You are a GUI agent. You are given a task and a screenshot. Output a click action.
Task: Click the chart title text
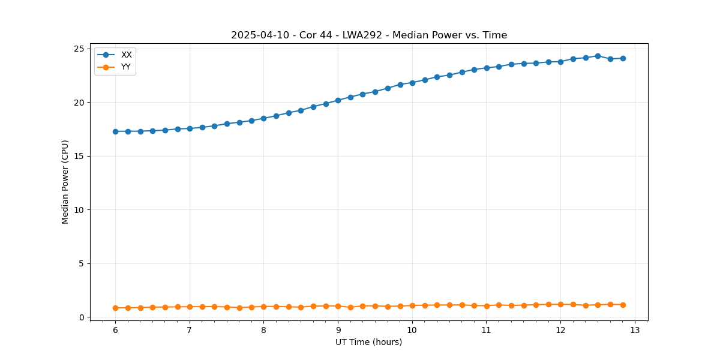coord(369,35)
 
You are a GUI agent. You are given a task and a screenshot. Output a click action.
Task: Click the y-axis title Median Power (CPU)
coord(65,182)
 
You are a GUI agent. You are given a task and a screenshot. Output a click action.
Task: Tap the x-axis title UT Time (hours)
coord(369,342)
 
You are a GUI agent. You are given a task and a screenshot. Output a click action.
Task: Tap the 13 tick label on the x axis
coord(635,331)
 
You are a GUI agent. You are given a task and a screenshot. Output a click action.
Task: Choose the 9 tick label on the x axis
coord(338,331)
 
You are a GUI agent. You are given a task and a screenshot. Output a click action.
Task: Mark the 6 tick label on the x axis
coord(115,331)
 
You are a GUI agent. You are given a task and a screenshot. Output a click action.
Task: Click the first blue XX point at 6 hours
coord(115,131)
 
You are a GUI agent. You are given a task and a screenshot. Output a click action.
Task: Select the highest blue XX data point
coord(598,56)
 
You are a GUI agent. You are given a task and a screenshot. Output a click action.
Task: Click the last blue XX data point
coord(623,58)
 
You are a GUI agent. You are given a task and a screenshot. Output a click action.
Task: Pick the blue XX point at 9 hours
coord(338,100)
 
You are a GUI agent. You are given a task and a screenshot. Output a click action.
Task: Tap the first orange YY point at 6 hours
coord(115,308)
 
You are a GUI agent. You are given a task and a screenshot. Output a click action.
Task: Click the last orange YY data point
coord(623,305)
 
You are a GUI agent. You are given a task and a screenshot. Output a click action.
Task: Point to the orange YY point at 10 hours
coord(412,305)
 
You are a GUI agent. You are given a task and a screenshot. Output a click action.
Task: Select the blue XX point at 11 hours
coord(487,68)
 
